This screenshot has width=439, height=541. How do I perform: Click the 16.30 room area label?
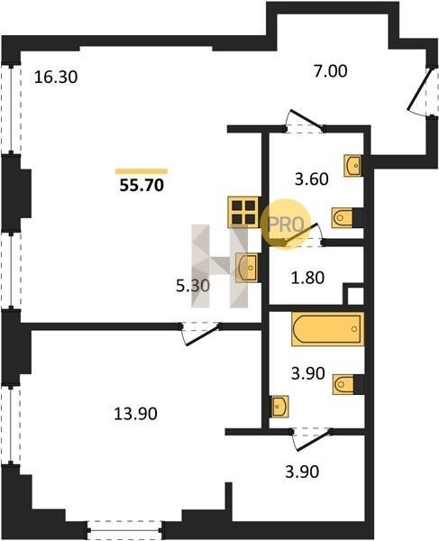pos(56,77)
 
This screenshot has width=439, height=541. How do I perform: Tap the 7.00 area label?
pos(330,71)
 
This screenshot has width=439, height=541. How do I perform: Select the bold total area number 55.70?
pos(142,186)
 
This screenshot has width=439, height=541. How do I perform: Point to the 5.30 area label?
pos(193,286)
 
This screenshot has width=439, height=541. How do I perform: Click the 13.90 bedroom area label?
pos(135,413)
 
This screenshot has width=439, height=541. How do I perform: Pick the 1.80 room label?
pos(307,278)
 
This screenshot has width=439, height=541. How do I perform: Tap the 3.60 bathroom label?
pos(311,179)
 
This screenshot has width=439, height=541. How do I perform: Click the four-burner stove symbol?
pos(243,212)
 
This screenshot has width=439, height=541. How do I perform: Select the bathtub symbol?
pos(327,328)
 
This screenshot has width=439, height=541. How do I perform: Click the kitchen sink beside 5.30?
pos(247,268)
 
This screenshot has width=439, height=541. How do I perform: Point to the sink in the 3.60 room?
pos(352,166)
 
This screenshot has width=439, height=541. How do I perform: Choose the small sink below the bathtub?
pos(279,406)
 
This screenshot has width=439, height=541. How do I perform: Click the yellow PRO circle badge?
pos(286,224)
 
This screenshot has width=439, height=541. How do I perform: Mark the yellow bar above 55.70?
pos(142,171)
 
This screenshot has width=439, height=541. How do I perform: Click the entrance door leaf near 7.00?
pos(420,88)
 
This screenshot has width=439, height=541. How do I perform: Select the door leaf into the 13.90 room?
pos(204,335)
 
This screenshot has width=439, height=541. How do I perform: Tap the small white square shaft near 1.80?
pos(355,297)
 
